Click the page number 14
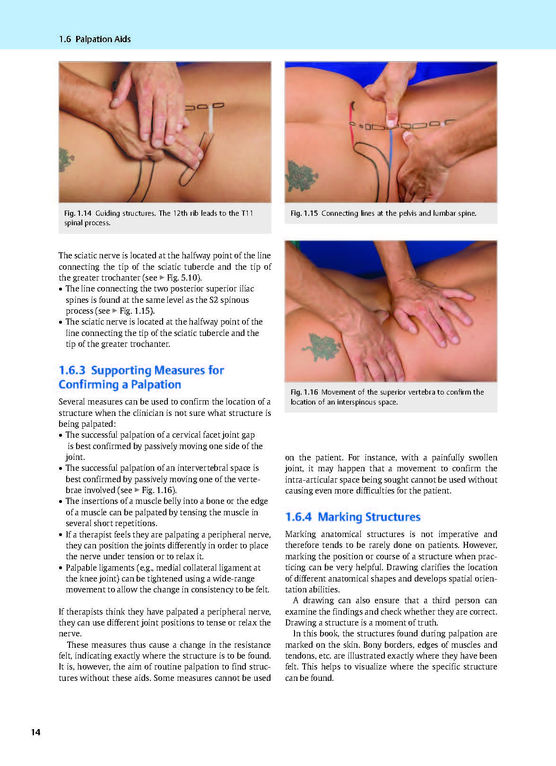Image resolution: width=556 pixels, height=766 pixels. tap(35, 732)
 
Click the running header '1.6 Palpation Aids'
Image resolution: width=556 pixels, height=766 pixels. tap(95, 39)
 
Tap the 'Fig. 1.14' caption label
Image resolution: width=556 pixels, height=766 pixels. tap(78, 213)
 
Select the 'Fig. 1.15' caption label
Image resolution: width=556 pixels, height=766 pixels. tap(304, 213)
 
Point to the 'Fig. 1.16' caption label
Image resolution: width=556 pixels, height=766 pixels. tap(304, 392)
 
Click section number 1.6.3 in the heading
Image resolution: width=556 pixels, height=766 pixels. tap(72, 370)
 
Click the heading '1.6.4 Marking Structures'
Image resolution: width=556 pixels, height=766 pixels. tap(353, 516)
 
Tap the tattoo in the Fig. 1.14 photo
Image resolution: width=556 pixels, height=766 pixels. tap(66, 160)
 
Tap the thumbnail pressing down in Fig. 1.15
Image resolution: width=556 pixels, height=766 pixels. tap(391, 120)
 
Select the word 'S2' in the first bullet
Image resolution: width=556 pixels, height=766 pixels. tap(214, 300)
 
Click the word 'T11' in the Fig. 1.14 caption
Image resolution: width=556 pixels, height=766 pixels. tap(247, 213)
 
